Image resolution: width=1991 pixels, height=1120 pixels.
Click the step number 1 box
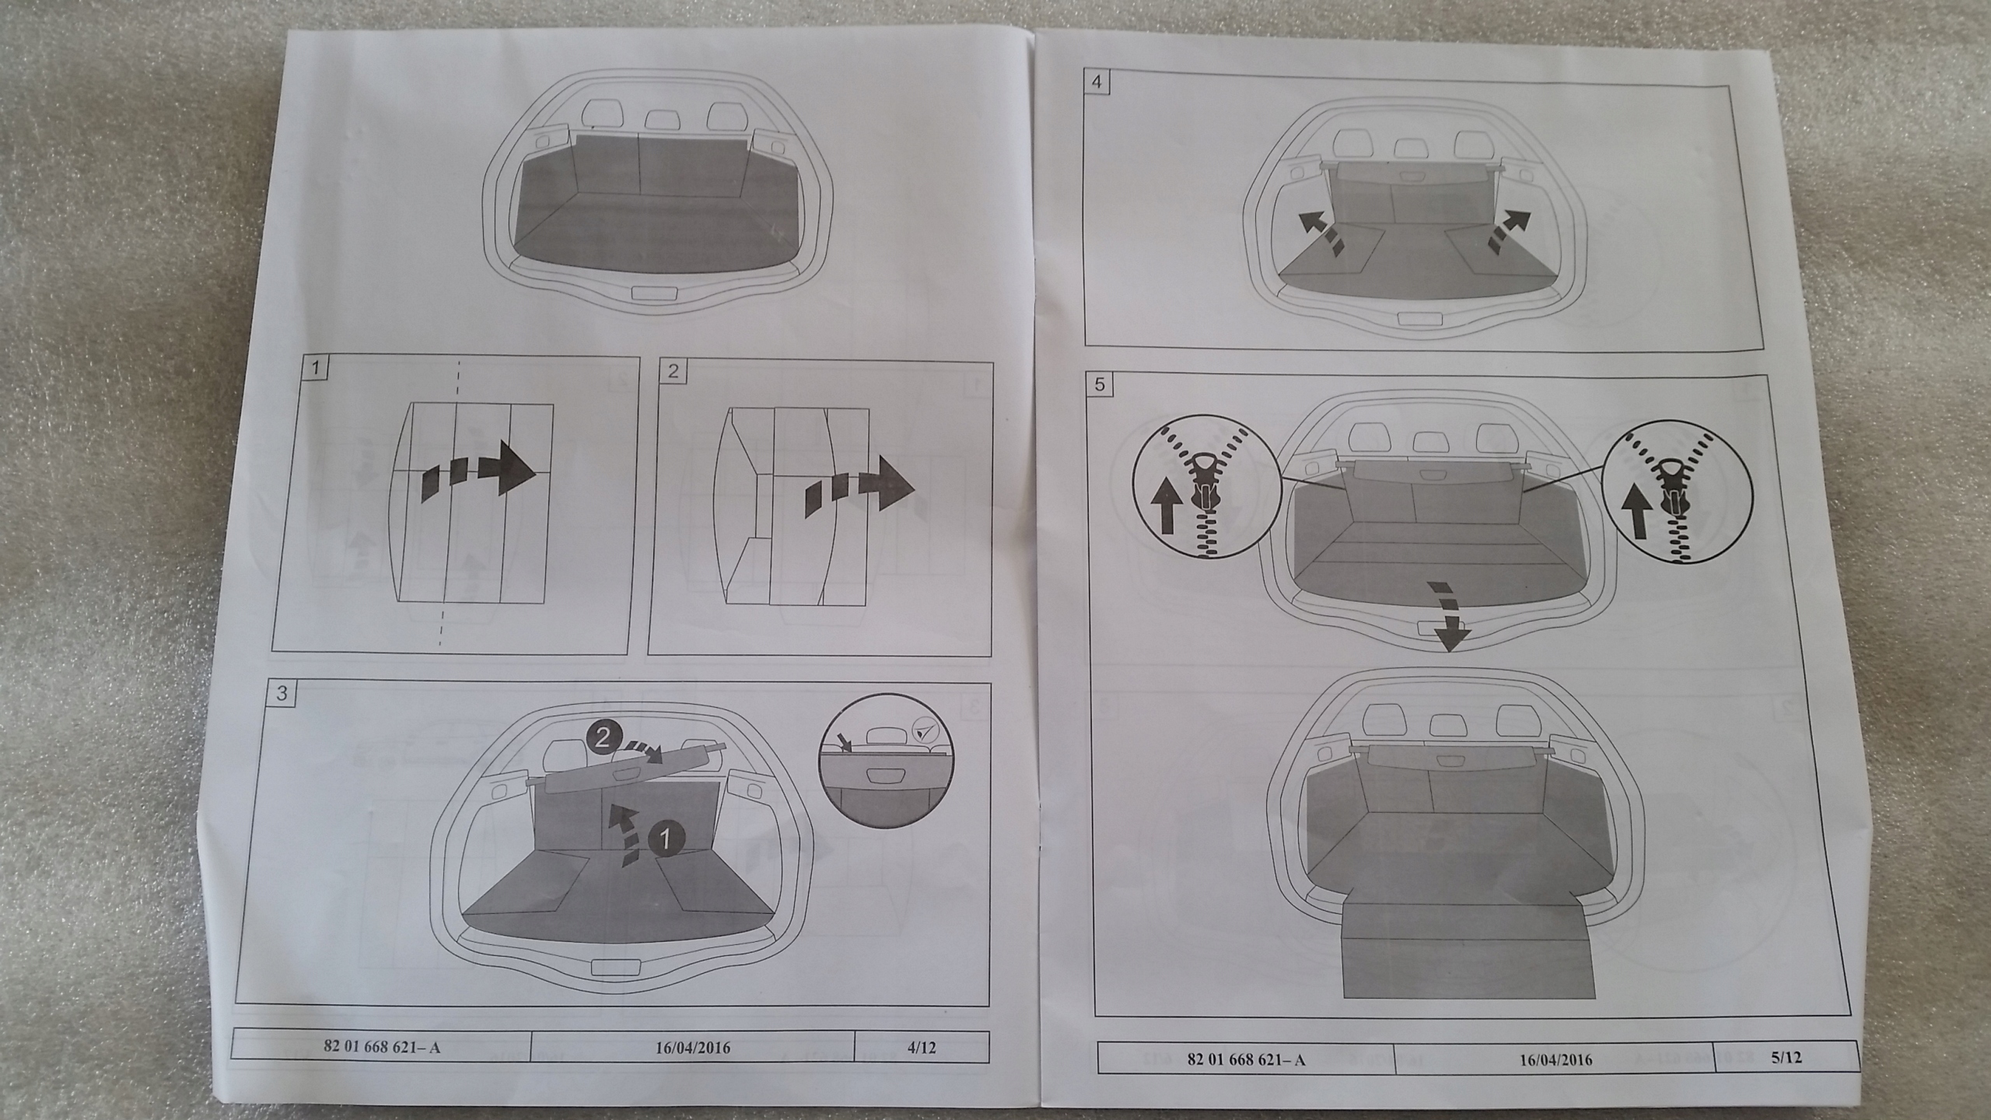(x=314, y=369)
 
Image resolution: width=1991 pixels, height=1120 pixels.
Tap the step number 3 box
(x=281, y=694)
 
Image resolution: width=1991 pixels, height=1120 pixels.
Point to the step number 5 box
(x=1099, y=385)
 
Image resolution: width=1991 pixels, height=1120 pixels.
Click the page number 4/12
(x=922, y=1047)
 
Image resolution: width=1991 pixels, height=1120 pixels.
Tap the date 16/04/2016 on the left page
(x=691, y=1047)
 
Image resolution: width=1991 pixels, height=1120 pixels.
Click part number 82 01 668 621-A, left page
(x=381, y=1046)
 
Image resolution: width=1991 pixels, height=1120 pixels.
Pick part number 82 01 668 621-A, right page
(x=1245, y=1059)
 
